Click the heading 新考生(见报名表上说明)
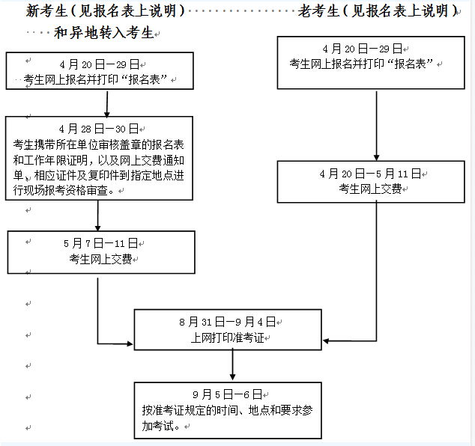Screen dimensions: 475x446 (105, 11)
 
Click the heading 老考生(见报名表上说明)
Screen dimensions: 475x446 (378, 11)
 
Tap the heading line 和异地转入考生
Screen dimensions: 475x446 (103, 33)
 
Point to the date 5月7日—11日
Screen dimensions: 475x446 (100, 243)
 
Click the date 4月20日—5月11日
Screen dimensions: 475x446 (370, 174)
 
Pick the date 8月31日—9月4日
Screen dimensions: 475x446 (227, 322)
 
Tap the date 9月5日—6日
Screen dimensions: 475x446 (227, 394)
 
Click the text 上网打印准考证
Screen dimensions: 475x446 (227, 337)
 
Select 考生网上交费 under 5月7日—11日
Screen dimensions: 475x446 (100, 259)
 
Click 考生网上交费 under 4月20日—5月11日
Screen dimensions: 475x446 (370, 189)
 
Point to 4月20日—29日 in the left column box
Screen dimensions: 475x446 (100, 64)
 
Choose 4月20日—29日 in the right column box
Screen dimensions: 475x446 (363, 49)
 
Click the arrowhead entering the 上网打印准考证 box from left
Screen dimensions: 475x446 (130, 343)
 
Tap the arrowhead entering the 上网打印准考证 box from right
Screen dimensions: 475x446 (326, 341)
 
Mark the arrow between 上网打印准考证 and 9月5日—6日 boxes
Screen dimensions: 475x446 (232, 364)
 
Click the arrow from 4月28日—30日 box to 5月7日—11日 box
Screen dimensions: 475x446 (97, 216)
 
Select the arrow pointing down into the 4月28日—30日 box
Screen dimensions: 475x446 (107, 104)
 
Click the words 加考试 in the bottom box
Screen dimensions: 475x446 (158, 426)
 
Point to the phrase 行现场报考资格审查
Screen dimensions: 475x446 (61, 190)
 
